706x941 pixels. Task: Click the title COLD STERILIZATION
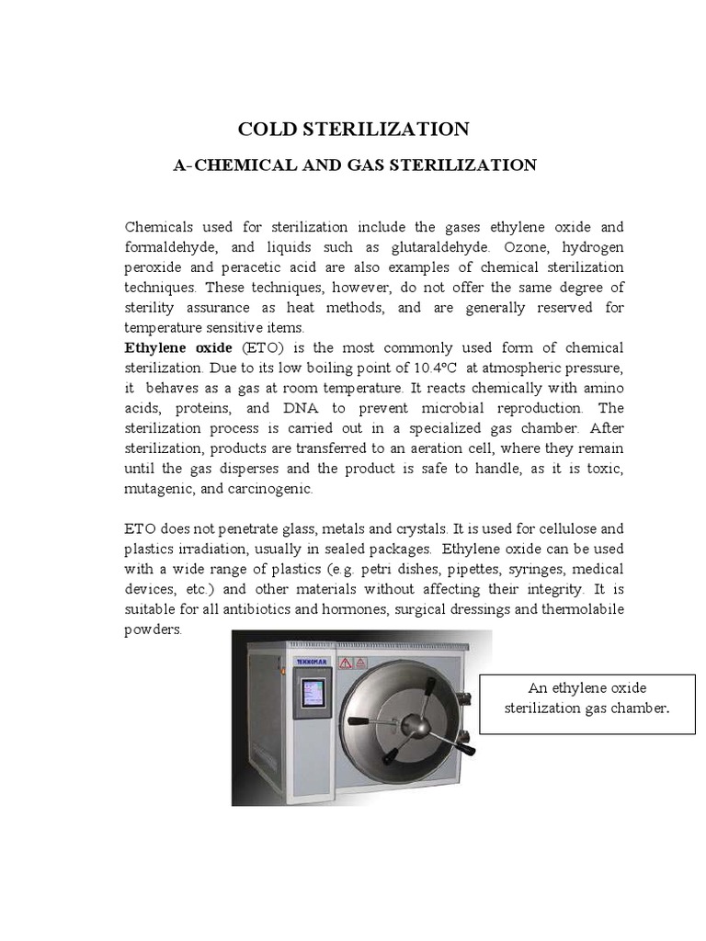click(354, 129)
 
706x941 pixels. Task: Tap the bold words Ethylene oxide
click(179, 347)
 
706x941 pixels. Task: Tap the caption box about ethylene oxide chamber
click(587, 702)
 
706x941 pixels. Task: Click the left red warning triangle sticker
click(346, 662)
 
